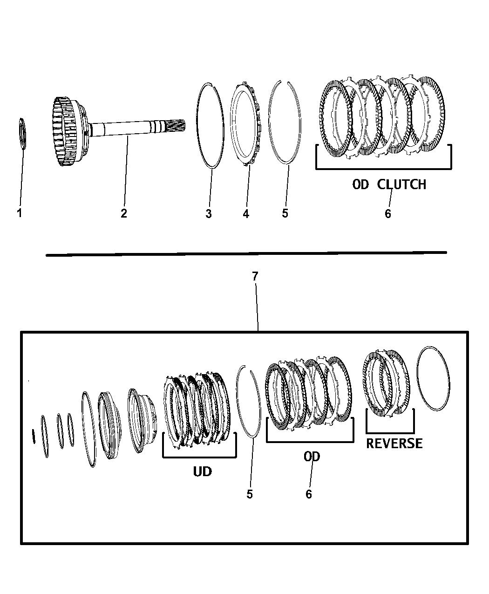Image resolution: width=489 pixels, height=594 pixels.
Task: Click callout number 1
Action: coord(20,213)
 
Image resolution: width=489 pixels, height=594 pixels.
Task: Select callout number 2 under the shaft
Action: coord(124,213)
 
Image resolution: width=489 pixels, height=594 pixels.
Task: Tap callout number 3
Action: coord(209,214)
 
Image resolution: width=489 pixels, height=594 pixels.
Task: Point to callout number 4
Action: coord(246,214)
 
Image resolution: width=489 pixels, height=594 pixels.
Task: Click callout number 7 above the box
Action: coord(255,276)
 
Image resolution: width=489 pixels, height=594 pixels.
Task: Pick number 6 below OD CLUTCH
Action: coord(388,214)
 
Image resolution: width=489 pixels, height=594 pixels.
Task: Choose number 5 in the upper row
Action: coord(285,213)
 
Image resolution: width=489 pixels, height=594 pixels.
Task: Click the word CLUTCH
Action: coord(401,184)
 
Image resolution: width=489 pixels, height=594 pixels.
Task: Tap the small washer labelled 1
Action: coord(22,133)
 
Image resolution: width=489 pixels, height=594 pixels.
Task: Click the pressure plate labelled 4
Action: coord(245,125)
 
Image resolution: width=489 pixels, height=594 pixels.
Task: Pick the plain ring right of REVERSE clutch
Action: coord(433,379)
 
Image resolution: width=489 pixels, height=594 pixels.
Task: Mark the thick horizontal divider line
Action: coord(246,254)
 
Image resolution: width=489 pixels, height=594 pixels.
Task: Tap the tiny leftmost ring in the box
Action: coord(34,436)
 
